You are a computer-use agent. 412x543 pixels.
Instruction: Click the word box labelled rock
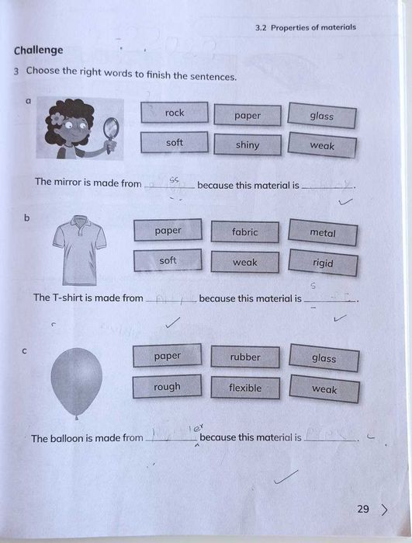(175, 113)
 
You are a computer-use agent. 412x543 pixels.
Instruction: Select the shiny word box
(248, 145)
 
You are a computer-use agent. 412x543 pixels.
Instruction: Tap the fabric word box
(245, 231)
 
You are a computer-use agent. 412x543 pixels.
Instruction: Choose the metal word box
(323, 233)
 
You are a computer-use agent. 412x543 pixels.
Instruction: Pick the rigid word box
(323, 263)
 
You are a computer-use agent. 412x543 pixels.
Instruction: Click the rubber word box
(245, 357)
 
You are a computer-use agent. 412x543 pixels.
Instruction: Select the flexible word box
(245, 388)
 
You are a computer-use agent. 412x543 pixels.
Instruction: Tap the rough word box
(167, 387)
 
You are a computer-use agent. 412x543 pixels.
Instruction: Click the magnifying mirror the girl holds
(111, 127)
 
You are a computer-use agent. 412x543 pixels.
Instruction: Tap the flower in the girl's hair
(57, 118)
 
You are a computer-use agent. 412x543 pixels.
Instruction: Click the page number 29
(363, 510)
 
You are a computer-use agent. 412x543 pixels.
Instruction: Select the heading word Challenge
(38, 50)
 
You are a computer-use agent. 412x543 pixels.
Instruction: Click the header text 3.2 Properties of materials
(305, 27)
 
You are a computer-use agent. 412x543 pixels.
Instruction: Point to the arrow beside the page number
(385, 510)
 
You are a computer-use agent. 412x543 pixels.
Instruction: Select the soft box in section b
(168, 261)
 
